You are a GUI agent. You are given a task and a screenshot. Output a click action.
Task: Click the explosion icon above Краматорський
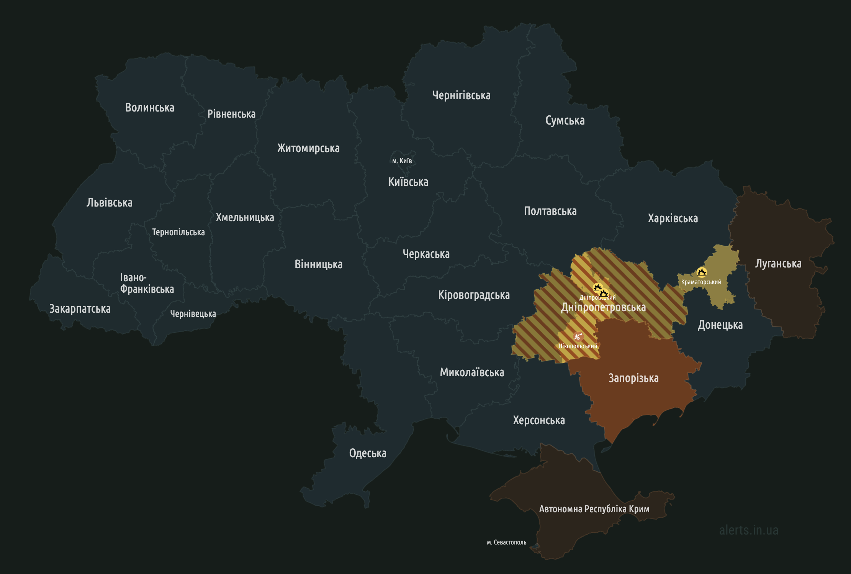point(701,272)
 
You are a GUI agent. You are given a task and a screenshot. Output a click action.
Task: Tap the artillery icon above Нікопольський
point(578,337)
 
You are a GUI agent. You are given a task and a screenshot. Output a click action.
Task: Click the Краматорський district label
point(701,282)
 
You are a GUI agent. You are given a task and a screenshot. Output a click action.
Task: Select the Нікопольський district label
point(578,346)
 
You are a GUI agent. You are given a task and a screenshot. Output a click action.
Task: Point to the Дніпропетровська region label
point(603,307)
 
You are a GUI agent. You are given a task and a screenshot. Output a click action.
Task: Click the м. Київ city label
point(402,161)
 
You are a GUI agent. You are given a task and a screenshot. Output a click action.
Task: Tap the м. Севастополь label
point(506,542)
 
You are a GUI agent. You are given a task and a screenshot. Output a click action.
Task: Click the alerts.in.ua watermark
point(748,530)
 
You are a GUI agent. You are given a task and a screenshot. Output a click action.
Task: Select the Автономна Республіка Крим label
point(594,509)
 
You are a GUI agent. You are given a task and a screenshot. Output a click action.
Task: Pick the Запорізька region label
point(633,378)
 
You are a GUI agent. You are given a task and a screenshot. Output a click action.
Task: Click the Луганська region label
point(778,264)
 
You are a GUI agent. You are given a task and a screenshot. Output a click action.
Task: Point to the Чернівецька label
point(193,314)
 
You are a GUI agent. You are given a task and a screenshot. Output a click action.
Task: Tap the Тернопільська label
point(178,232)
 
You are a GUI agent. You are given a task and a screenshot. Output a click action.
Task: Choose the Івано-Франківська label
point(147,283)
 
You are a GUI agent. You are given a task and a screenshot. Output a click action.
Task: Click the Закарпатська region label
point(80,309)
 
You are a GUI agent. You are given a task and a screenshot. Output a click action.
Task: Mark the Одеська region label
point(368,453)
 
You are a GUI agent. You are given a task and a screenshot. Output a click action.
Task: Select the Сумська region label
point(565,120)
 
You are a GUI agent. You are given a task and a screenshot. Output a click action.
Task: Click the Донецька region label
point(720,325)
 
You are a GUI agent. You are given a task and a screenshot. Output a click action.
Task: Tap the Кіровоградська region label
point(474,295)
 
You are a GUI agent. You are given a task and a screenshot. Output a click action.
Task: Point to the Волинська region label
point(149,108)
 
